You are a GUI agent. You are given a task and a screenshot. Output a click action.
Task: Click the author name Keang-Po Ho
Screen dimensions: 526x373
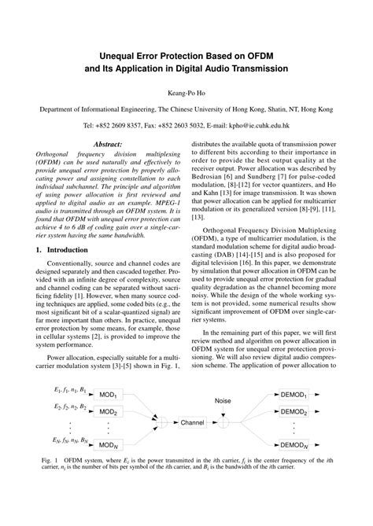tap(186, 92)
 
